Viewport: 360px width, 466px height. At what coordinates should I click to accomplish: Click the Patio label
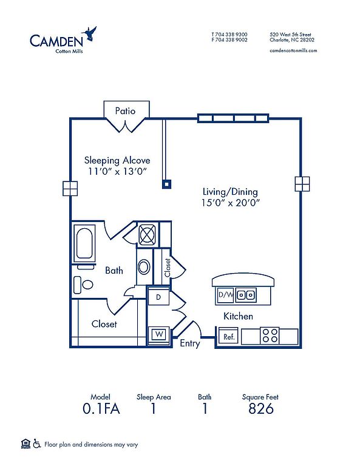tap(125, 111)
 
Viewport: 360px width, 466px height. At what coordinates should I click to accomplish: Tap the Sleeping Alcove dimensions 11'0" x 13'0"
tap(117, 172)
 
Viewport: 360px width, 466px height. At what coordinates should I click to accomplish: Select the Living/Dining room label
tap(230, 192)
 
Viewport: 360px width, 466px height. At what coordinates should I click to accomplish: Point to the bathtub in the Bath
tap(84, 243)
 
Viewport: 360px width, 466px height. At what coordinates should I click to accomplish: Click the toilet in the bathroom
tap(83, 285)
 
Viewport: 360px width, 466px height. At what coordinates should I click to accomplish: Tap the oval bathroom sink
tap(144, 267)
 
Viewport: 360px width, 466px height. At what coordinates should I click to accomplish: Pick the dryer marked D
tap(158, 297)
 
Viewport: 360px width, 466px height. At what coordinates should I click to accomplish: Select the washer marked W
tap(159, 335)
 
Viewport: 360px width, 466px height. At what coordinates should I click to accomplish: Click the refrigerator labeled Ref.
tap(228, 337)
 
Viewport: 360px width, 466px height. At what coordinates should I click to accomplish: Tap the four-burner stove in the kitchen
tap(270, 336)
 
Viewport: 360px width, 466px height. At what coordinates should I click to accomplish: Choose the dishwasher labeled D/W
tap(225, 295)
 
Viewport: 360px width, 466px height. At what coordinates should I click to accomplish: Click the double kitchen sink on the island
tap(246, 295)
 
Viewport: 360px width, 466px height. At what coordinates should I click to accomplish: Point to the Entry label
tap(190, 343)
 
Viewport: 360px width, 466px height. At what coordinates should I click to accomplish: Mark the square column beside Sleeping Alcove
tap(167, 184)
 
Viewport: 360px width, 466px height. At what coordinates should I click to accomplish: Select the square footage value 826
tap(260, 408)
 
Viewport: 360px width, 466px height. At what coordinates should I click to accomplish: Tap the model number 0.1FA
tap(101, 408)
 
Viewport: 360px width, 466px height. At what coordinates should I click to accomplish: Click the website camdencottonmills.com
tap(293, 50)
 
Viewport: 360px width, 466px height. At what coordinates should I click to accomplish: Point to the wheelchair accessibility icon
tap(37, 444)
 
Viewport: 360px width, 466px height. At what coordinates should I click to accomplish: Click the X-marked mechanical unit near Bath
tap(147, 235)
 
